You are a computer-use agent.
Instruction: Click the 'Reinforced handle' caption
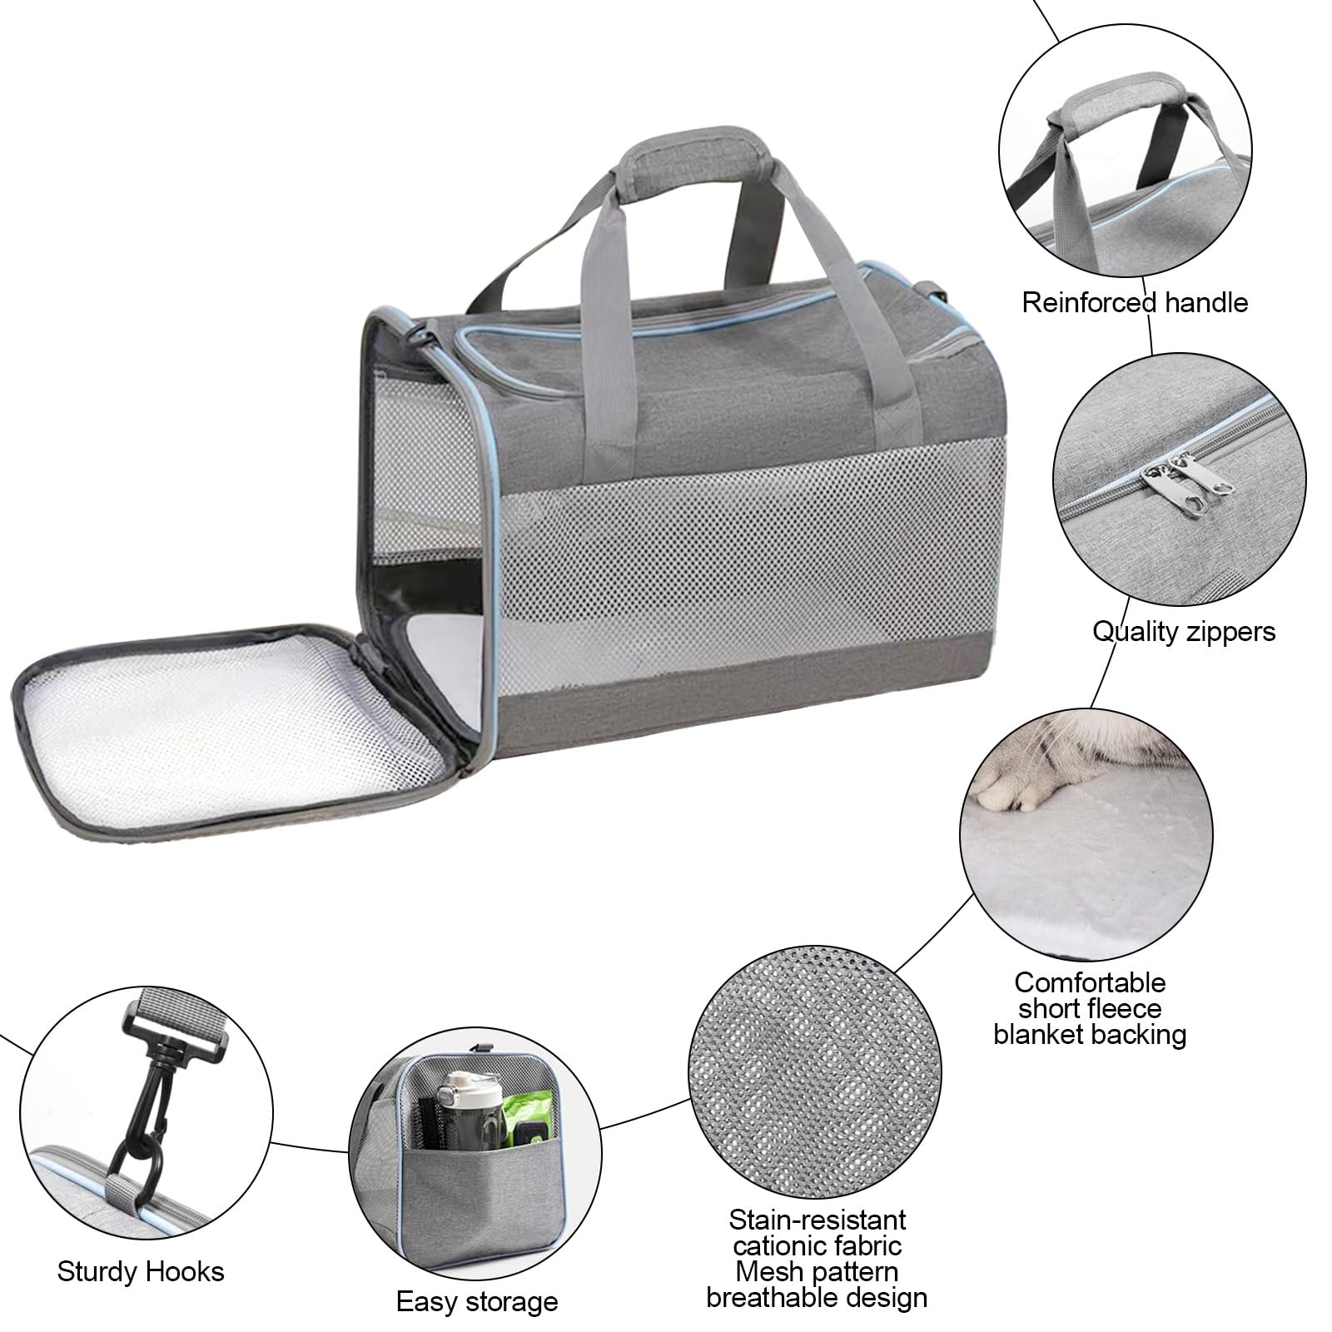point(1135,302)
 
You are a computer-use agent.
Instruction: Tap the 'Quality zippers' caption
point(1183,632)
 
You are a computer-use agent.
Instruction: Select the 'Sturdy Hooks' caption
point(141,1272)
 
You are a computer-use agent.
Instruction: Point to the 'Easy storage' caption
point(477,1302)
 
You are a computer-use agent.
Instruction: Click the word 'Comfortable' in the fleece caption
point(1089,982)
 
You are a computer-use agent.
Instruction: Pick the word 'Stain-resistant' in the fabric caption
point(817,1220)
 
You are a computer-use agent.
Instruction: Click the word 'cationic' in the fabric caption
point(817,1246)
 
